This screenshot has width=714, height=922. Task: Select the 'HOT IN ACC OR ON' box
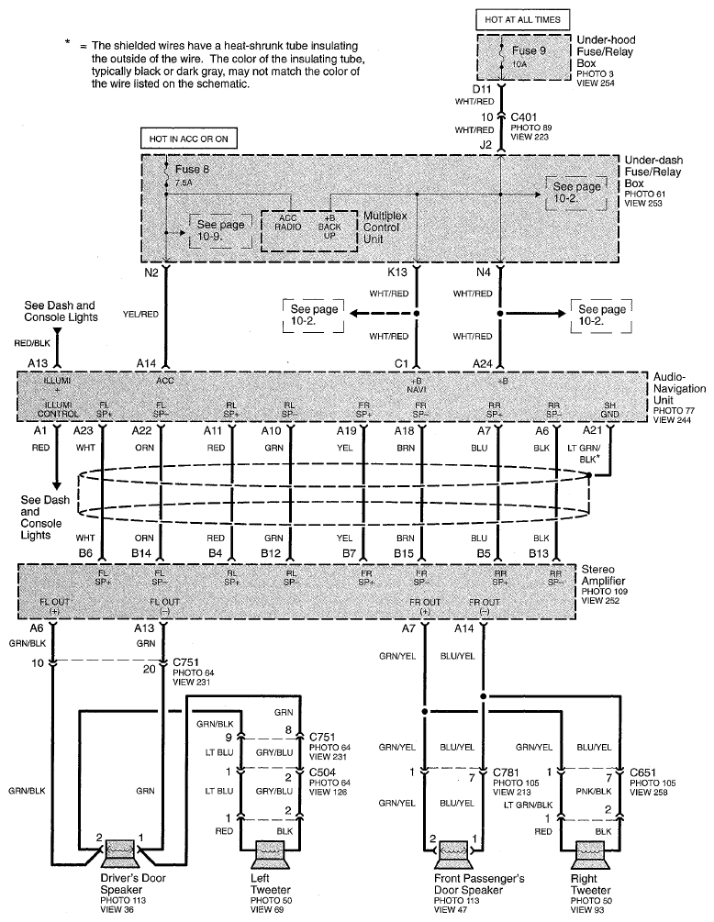(x=186, y=139)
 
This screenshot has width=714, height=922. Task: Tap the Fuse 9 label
(x=530, y=51)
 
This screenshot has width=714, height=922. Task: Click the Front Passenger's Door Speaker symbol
(x=455, y=852)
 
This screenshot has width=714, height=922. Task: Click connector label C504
(x=322, y=772)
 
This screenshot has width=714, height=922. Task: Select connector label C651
(x=639, y=772)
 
